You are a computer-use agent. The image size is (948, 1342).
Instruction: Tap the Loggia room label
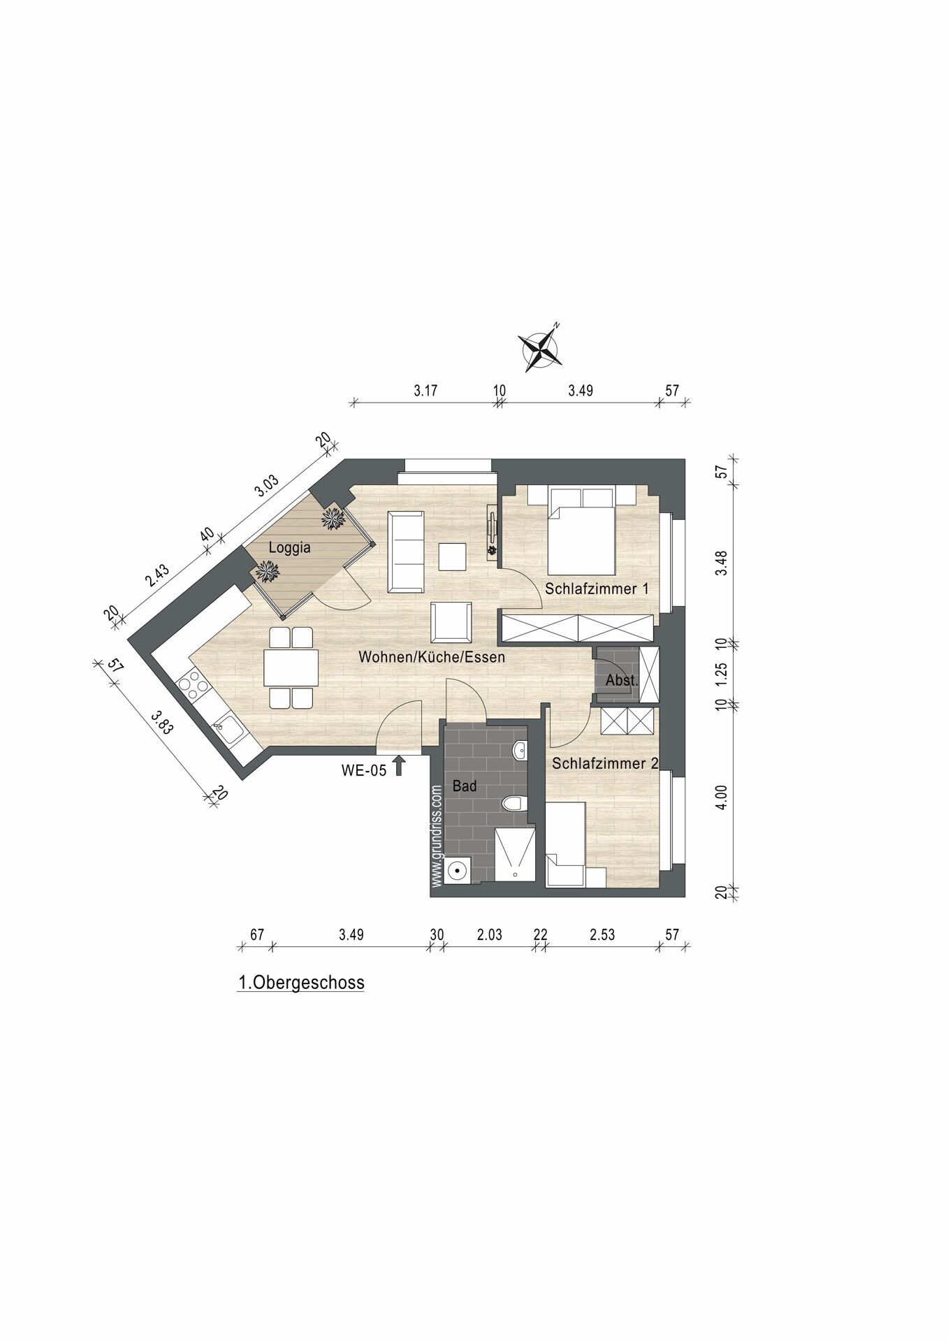click(289, 548)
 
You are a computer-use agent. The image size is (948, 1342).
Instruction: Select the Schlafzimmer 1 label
click(597, 589)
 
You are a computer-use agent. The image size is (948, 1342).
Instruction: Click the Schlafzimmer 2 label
click(605, 763)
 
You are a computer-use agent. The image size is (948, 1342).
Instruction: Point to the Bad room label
click(465, 786)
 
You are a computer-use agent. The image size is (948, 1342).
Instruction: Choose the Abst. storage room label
click(621, 679)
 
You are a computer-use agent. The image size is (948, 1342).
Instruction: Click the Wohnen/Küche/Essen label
click(431, 658)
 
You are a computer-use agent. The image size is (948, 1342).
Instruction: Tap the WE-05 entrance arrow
click(399, 765)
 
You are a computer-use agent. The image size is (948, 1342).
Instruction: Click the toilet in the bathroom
click(515, 804)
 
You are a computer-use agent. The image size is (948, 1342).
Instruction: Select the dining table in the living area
click(291, 668)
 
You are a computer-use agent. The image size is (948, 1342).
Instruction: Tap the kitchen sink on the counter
click(228, 730)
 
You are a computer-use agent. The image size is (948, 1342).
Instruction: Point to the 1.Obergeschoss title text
click(301, 983)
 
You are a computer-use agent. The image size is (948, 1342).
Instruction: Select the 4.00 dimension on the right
click(722, 797)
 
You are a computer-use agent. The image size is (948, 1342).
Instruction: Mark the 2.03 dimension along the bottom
click(489, 935)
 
